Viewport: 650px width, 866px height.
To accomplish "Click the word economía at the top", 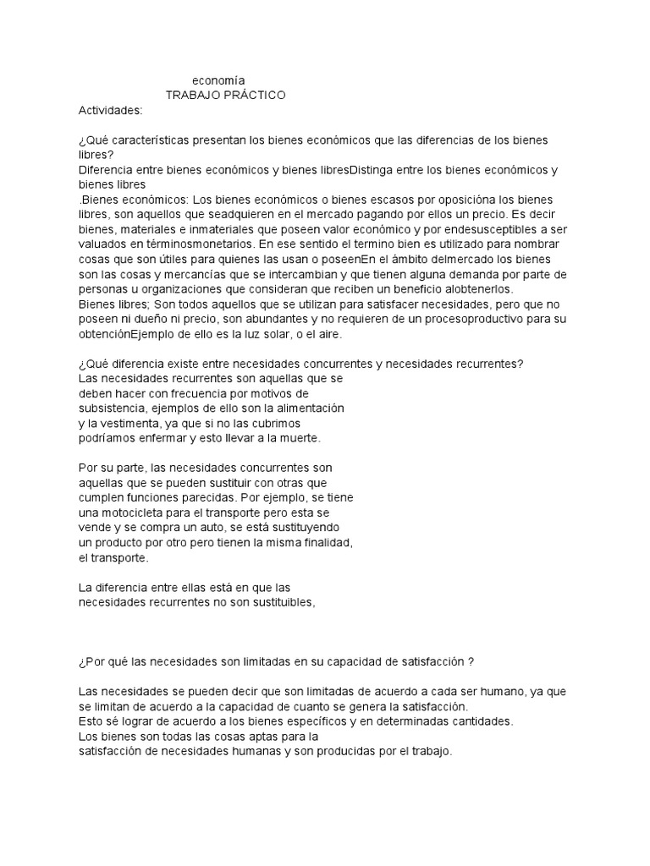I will [218, 80].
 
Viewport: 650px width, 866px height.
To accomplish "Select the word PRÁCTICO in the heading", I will [252, 95].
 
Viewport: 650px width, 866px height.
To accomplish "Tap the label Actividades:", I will [111, 110].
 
